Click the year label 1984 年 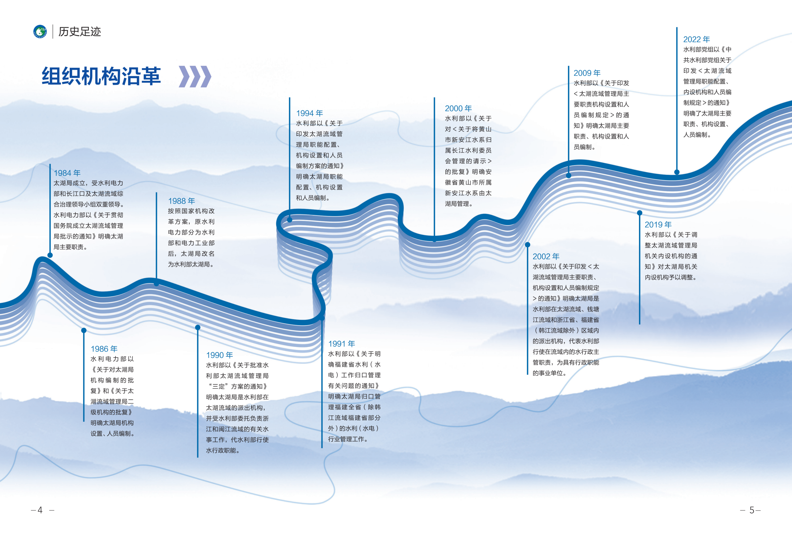67,173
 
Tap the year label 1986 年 104,349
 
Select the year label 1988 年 181,201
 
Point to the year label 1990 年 219,355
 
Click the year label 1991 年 342,344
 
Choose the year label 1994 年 310,113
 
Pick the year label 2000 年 458,109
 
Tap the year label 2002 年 546,257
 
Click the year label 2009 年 587,73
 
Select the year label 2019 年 658,225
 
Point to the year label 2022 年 696,40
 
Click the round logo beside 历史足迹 40,32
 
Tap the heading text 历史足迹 80,32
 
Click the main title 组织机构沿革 101,76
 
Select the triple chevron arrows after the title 195,77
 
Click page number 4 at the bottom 40,510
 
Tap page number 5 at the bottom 752,510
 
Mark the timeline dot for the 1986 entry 84,330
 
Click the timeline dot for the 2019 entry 640,213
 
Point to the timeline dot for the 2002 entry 528,245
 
